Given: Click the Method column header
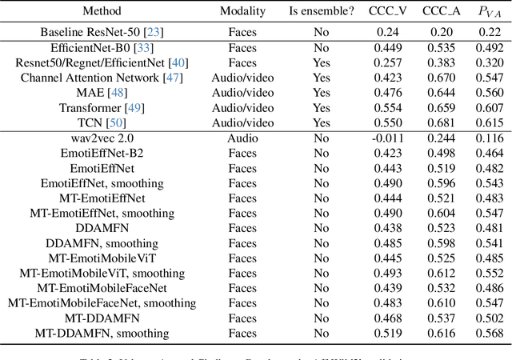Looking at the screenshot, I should [x=102, y=12].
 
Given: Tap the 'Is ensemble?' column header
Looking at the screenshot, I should [x=321, y=12].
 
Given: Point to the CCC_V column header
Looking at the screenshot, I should [x=387, y=12].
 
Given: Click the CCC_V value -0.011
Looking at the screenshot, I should [x=386, y=138].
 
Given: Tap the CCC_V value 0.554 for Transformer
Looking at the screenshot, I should [x=387, y=108].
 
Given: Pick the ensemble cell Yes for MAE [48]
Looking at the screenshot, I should [x=321, y=93].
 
